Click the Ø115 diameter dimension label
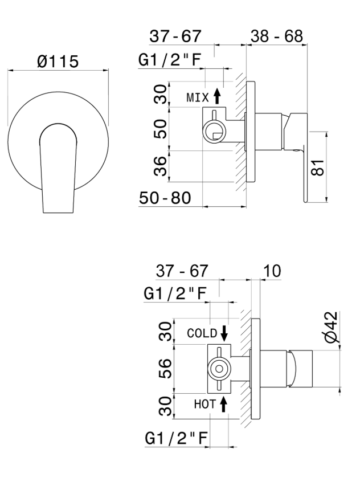pos(58,61)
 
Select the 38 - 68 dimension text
pos(276,36)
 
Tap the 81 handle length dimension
pos(318,167)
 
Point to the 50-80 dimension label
pos(165,198)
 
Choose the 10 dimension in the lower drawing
pos(272,271)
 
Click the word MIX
pos(198,97)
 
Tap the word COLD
pos(202,333)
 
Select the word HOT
pos(204,405)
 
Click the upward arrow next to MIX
pos(217,96)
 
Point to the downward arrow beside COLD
pos(224,333)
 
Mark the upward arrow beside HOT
pos(223,405)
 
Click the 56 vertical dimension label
pos(165,369)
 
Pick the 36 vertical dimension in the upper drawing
pos(160,166)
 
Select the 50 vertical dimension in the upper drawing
pos(160,129)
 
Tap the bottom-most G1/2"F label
pos(176,439)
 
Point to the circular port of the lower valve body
pos(219,369)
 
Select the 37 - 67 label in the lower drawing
pos(182,271)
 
